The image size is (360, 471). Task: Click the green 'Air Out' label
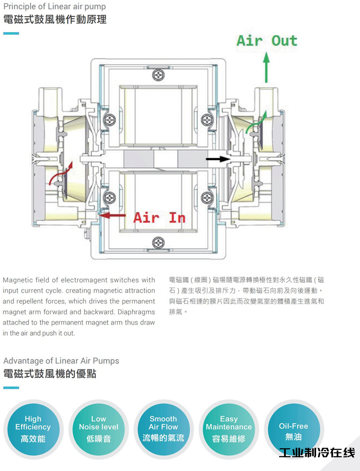pyautogui.click(x=267, y=40)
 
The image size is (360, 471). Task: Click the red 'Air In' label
pyautogui.click(x=159, y=217)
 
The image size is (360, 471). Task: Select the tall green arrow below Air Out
pyautogui.click(x=266, y=67)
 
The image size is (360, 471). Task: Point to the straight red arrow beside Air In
pyautogui.click(x=112, y=215)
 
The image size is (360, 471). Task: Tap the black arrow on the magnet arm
pyautogui.click(x=218, y=159)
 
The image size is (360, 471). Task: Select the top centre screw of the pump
pyautogui.click(x=158, y=75)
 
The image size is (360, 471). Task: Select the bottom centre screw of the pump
pyautogui.click(x=158, y=242)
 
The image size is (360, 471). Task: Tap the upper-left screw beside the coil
pyautogui.click(x=109, y=120)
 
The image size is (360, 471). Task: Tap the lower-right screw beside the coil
pyautogui.click(x=207, y=198)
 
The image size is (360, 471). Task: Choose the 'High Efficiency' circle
pyautogui.click(x=33, y=429)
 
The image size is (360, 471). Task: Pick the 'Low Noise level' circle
pyautogui.click(x=99, y=429)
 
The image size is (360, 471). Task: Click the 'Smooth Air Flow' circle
pyautogui.click(x=163, y=429)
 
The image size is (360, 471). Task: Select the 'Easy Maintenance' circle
pyautogui.click(x=229, y=429)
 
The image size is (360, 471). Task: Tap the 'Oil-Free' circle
pyautogui.click(x=293, y=429)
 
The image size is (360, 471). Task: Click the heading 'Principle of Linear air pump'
pyautogui.click(x=54, y=6)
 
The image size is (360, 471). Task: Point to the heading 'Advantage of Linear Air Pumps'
pyautogui.click(x=61, y=361)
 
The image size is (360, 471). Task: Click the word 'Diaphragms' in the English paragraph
pyautogui.click(x=136, y=312)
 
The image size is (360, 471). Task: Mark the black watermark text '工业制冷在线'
pyautogui.click(x=317, y=452)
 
